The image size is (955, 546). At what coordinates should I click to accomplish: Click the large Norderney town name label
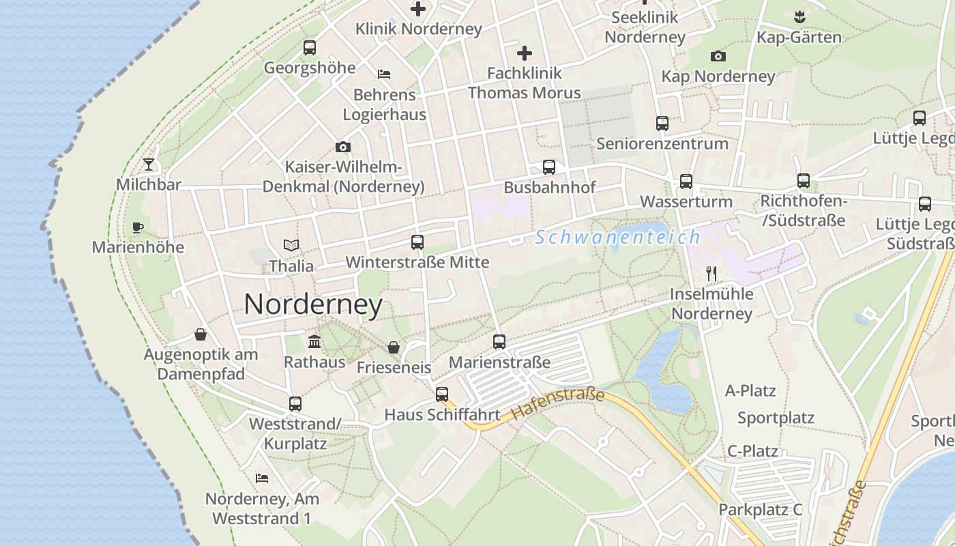point(313,304)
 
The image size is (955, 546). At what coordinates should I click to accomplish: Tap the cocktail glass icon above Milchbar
point(149,164)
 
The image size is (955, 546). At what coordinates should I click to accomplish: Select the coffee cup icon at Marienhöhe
point(138,227)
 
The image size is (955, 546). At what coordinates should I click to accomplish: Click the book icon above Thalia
point(291,245)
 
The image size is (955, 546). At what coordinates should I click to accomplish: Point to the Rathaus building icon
point(314,341)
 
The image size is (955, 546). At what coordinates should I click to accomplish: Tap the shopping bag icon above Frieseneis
point(394,347)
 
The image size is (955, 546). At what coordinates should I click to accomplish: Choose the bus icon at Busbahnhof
point(549,167)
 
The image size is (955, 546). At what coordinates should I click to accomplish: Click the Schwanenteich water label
point(617,238)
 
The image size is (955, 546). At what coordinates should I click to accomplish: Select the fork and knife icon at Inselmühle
point(711,274)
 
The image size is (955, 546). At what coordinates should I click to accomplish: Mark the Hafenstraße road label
point(557,404)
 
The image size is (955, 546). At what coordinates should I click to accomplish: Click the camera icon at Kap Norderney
point(718,57)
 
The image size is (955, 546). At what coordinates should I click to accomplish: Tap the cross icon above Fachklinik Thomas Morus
point(524,53)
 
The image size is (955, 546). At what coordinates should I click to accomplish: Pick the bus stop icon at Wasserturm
point(686,182)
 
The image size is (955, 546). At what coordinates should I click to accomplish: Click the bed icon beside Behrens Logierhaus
point(384,74)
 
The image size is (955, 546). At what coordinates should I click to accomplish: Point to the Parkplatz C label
point(760,510)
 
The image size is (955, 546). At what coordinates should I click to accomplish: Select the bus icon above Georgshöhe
point(310,48)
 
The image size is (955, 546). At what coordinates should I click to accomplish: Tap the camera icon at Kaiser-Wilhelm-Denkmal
point(343,147)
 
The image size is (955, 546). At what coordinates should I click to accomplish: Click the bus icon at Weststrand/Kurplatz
point(295,404)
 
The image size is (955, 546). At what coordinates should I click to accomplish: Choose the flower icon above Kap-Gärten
point(799,17)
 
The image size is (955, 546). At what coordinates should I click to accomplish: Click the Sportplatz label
point(776,418)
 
